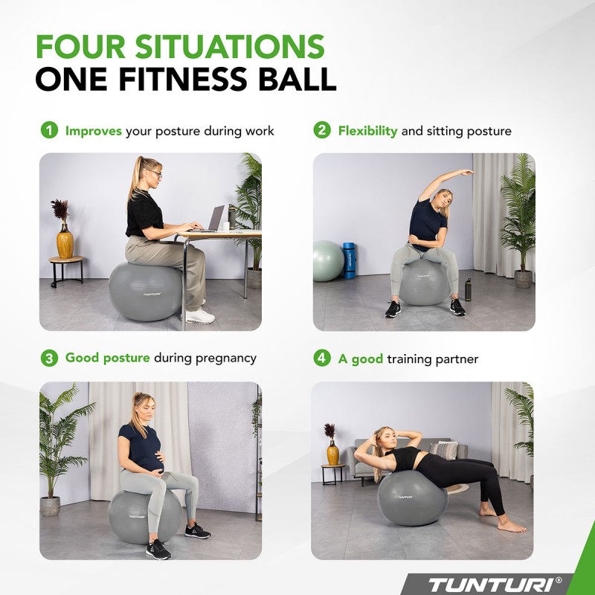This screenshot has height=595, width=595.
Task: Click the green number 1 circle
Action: coord(48,131)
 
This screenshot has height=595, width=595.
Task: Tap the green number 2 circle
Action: coord(321,131)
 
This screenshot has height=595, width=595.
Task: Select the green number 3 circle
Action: coord(48,358)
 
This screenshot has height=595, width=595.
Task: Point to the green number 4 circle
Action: coord(321,358)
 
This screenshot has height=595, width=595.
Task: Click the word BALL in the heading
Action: coord(294,79)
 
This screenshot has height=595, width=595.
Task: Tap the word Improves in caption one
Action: coord(94,131)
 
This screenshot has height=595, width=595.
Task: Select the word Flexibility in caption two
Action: coord(367,131)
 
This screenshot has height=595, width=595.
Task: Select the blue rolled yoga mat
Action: coord(349,260)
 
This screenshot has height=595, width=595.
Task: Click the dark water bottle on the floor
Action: coord(468,289)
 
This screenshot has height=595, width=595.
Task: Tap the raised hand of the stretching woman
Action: coord(466,173)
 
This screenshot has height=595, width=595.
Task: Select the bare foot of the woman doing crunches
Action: coord(512,527)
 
